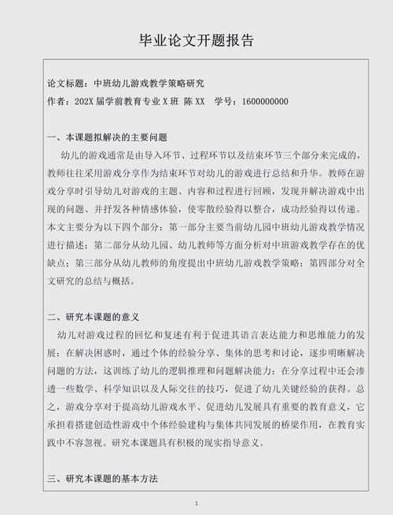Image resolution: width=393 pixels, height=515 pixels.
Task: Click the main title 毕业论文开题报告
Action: click(196, 40)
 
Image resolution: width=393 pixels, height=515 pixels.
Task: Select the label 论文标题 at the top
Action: click(67, 83)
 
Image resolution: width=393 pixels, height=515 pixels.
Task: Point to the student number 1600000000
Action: click(266, 101)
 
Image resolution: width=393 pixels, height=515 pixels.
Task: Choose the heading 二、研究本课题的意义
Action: click(93, 317)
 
